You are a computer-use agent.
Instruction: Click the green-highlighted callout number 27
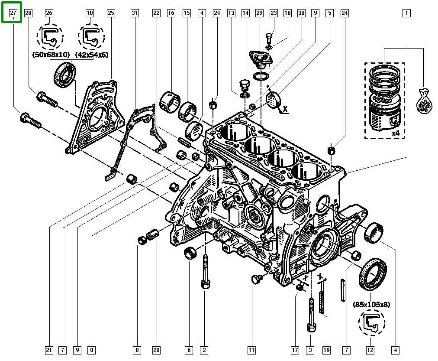point(13,13)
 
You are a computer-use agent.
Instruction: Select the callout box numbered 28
point(28,13)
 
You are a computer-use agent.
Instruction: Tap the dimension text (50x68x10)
point(50,55)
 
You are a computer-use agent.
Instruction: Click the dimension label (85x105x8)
point(371,305)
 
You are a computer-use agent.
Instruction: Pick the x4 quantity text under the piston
point(395,133)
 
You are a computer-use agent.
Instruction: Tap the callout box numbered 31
point(135,13)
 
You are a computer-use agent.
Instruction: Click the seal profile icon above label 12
point(371,323)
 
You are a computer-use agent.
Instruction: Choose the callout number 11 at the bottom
point(251,350)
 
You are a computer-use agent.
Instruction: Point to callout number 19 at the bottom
point(326,350)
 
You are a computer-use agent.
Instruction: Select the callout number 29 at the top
point(259,13)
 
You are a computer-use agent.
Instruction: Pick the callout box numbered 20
point(156,350)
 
